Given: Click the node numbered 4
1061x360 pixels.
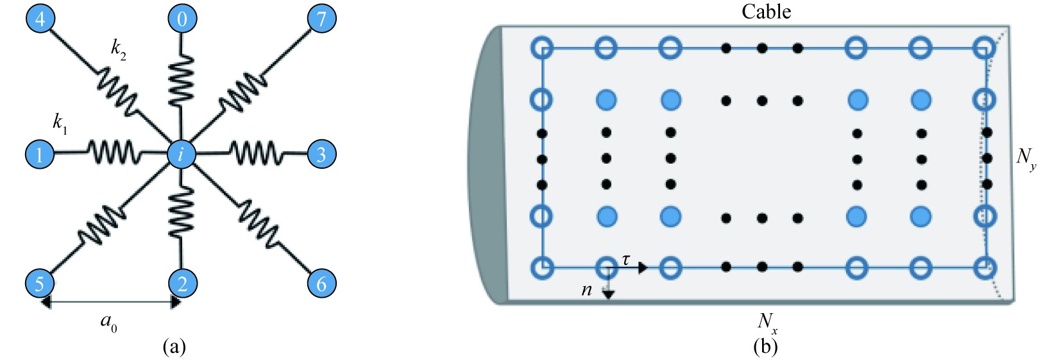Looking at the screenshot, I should [x=40, y=18].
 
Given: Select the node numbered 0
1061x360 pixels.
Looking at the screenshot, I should [x=182, y=18].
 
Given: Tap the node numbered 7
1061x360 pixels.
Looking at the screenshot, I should [x=321, y=18].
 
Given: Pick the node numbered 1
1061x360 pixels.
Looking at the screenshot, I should [x=40, y=154].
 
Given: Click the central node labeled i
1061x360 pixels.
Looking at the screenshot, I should [x=182, y=154].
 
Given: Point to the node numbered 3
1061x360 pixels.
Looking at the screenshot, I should [x=321, y=154].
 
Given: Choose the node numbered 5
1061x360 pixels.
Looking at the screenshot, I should [x=40, y=283].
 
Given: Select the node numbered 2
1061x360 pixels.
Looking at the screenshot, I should [x=182, y=283].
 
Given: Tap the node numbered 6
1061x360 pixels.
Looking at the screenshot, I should [x=321, y=283].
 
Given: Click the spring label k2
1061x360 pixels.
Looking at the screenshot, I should [x=119, y=49].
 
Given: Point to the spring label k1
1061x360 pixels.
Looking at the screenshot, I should [x=60, y=123].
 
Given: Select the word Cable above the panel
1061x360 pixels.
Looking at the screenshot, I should [x=766, y=12].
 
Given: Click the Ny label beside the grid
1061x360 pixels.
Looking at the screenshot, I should [x=1026, y=158].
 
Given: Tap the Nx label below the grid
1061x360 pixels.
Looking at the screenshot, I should [x=767, y=322].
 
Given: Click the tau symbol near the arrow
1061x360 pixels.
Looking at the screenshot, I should [x=625, y=259].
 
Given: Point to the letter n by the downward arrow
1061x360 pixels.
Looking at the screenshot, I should [x=586, y=290].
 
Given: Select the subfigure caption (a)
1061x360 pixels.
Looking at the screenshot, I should [x=174, y=347].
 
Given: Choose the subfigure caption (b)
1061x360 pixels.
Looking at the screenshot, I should [x=766, y=347].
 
